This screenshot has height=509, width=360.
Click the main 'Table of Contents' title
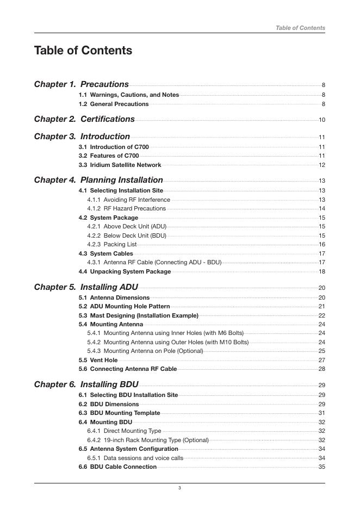pos(83,51)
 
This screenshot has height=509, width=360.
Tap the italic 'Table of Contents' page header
pos(300,28)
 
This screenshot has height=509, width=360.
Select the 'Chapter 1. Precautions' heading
pos(82,84)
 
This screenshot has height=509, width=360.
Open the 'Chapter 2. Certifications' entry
pos(84,119)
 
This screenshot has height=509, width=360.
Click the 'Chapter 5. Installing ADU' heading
pos(86,287)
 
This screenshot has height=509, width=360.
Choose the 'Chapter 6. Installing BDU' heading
pos(86,384)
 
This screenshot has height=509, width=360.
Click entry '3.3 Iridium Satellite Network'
pos(120,165)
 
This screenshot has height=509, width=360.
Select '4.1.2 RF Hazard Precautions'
pos(126,208)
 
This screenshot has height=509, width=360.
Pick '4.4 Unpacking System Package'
pos(125,271)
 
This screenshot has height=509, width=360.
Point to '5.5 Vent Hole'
pos(98,360)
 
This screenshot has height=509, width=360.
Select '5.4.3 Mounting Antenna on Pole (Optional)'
pos(145,351)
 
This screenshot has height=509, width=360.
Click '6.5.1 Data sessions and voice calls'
pos(135,458)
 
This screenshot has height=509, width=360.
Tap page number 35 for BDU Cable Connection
pos(321,467)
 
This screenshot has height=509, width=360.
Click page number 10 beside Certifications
pos(321,120)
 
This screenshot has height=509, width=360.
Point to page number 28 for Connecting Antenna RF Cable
pos(321,369)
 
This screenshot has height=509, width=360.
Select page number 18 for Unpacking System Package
pos(321,272)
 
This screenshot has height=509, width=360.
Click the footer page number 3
pos(179,488)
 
